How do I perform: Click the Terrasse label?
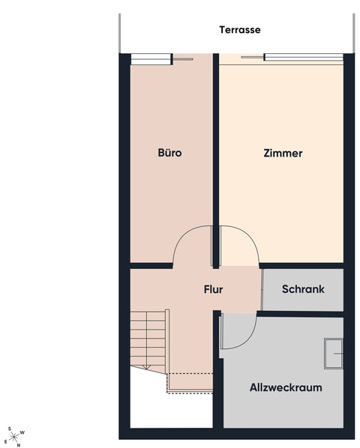click(x=240, y=30)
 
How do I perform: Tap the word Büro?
click(x=169, y=153)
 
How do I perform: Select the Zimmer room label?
click(x=283, y=153)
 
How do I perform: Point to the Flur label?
click(x=213, y=289)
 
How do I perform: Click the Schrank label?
click(x=303, y=289)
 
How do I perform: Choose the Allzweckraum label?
click(x=286, y=387)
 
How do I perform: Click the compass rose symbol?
click(x=14, y=437)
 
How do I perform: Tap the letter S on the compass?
click(x=10, y=429)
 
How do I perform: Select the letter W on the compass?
click(x=22, y=432)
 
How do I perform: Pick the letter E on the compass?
click(x=5, y=442)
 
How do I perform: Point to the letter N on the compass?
click(x=19, y=445)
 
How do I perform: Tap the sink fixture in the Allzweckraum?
click(x=334, y=354)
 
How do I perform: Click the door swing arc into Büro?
click(x=183, y=233)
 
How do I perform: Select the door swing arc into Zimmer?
click(x=249, y=234)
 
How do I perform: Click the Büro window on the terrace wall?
click(x=151, y=59)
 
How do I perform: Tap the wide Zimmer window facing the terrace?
click(x=304, y=57)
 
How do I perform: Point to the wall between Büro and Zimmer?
click(x=216, y=161)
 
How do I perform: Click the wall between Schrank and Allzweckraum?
click(x=300, y=314)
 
